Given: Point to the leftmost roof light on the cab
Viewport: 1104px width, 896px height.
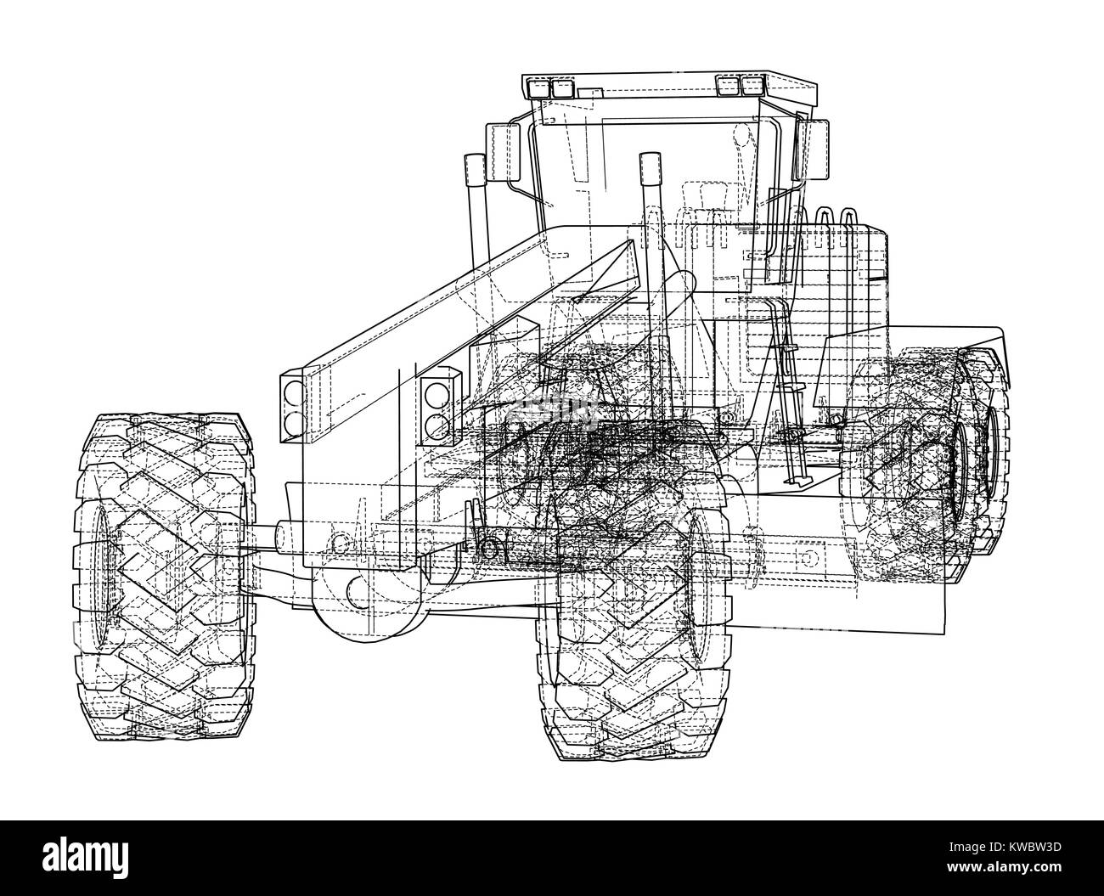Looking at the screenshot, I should (x=538, y=87).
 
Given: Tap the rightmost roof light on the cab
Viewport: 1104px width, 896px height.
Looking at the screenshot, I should (x=752, y=84).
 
